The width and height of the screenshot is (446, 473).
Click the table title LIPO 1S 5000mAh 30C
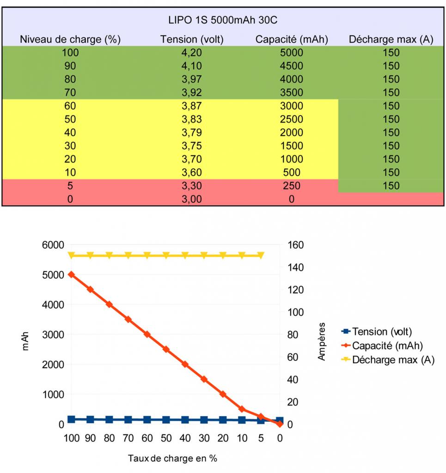coord(223,20)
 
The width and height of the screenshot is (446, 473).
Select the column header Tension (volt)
coord(192,39)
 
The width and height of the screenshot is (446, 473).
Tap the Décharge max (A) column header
coord(391,39)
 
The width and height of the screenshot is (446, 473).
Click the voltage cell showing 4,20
coord(192,53)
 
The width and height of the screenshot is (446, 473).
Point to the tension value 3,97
coord(192,79)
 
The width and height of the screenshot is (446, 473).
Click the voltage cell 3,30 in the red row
coord(192,186)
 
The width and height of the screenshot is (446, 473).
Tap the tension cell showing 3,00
coord(192,200)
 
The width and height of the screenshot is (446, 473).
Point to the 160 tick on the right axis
coord(296,245)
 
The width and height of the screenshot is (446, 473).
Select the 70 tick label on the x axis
coord(128,438)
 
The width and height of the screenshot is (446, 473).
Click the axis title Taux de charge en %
coord(172,458)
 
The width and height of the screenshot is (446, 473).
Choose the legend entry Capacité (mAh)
coord(387,346)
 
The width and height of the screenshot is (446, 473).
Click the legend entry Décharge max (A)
coord(393,360)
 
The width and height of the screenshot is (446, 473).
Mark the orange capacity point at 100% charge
coord(71,274)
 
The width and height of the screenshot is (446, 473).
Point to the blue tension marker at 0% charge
coord(280,421)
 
